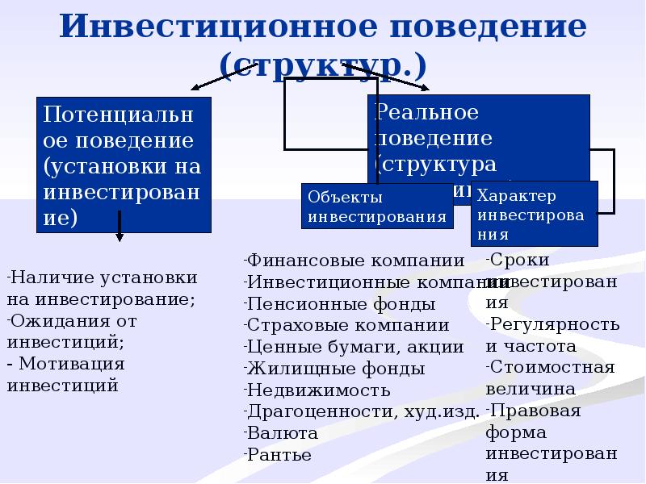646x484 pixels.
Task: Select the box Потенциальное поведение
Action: [124, 165]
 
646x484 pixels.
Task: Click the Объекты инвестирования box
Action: [377, 207]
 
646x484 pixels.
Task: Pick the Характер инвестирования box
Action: [535, 214]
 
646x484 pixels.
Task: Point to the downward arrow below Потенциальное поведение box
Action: [120, 226]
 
